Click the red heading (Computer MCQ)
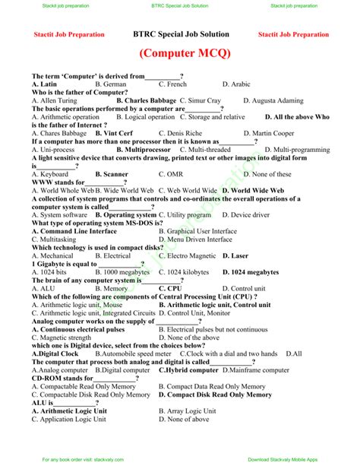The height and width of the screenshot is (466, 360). [181, 55]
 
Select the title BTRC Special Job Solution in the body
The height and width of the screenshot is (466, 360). [181, 34]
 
